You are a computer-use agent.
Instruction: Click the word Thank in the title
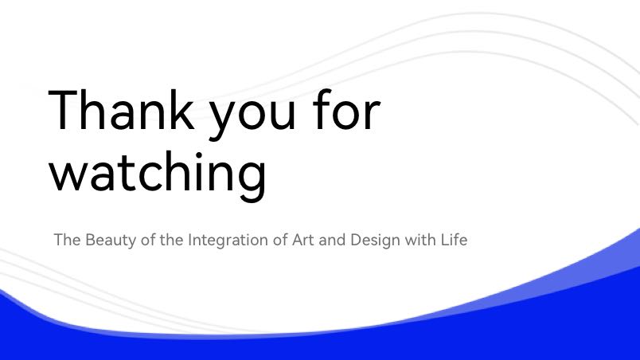121,109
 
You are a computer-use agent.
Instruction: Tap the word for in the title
346,109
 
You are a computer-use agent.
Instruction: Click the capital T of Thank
65,109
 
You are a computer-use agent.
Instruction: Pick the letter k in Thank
180,109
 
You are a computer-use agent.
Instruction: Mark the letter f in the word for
323,109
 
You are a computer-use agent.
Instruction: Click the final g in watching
252,182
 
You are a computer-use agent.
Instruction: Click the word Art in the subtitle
302,240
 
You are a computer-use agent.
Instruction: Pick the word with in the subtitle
420,239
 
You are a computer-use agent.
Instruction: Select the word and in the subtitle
332,239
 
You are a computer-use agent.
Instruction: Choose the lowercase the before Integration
171,239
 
